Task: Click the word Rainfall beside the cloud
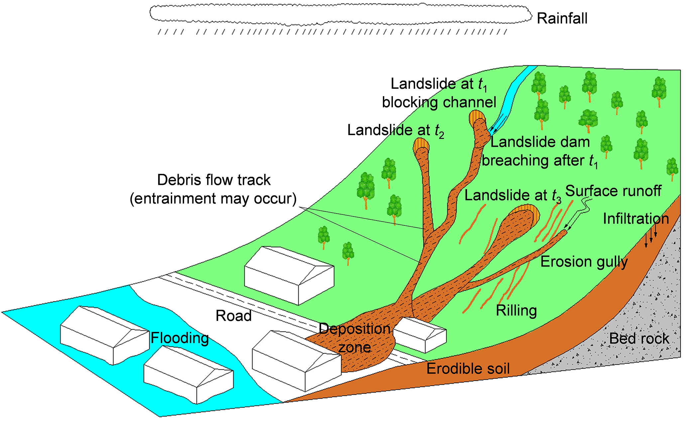[562, 19]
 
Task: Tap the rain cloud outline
[339, 14]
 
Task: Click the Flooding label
[180, 338]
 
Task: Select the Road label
[233, 316]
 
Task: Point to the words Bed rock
[639, 339]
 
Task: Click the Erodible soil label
[468, 368]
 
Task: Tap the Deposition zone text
[355, 338]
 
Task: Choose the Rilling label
[516, 311]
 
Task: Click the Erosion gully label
[584, 262]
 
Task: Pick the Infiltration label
[635, 219]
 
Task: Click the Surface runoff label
[613, 191]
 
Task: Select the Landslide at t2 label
[396, 130]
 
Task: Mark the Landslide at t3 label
[513, 196]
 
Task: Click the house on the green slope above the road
[289, 275]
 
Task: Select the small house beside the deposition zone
[419, 334]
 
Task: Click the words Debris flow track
[214, 180]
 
